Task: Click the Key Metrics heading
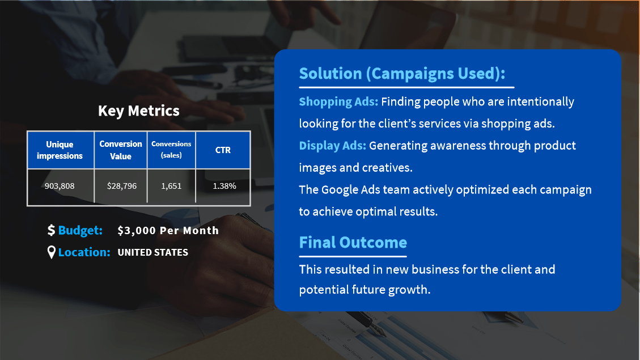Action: [x=139, y=111]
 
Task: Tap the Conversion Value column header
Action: [x=120, y=150]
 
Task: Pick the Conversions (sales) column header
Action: [x=171, y=150]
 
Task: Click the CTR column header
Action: [x=223, y=150]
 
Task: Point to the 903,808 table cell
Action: [x=60, y=186]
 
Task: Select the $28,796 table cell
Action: [x=122, y=186]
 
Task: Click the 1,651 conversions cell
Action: [x=171, y=186]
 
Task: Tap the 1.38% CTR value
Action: [x=224, y=186]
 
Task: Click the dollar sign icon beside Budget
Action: [x=51, y=230]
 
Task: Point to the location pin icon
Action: [x=52, y=252]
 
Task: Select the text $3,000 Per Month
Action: [x=168, y=231]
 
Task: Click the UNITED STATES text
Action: [x=152, y=252]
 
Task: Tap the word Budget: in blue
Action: [x=80, y=231]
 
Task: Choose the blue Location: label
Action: [x=84, y=252]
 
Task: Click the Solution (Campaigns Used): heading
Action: [x=402, y=74]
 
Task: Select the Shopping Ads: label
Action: [x=339, y=101]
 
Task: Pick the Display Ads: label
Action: [x=333, y=146]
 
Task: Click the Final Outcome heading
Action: [x=353, y=243]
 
